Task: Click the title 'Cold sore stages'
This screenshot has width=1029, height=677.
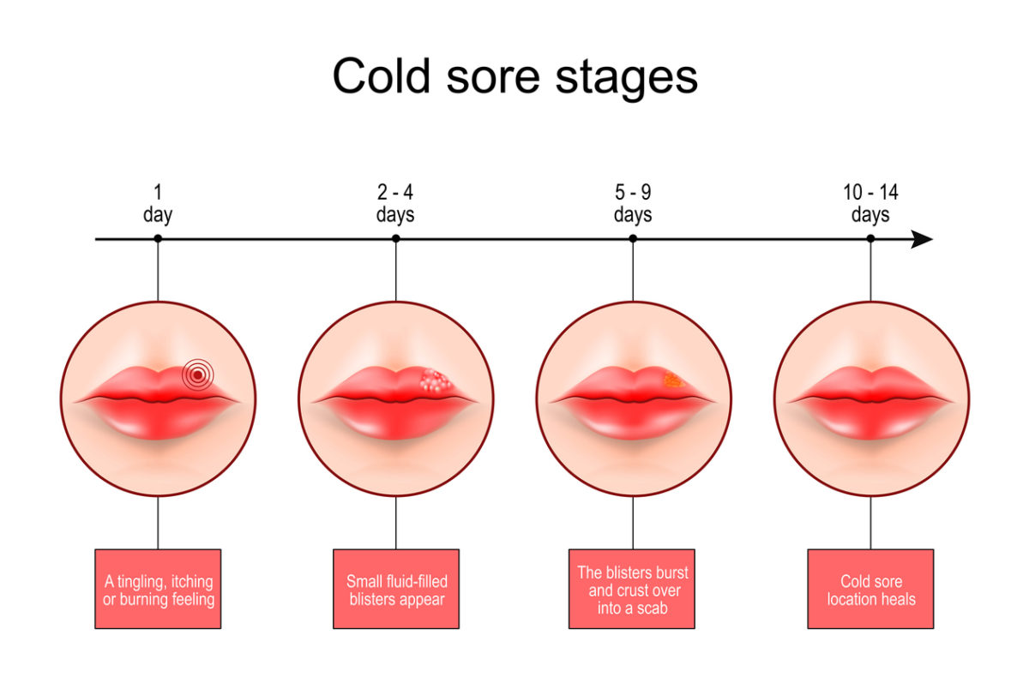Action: click(514, 77)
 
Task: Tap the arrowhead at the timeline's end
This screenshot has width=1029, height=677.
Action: click(922, 239)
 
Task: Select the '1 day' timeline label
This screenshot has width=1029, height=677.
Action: click(158, 204)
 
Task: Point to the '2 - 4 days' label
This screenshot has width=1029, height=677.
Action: click(395, 204)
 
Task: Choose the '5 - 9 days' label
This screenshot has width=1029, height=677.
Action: click(633, 204)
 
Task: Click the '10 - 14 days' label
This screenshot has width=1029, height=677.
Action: click(870, 204)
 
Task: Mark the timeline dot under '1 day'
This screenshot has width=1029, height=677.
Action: click(158, 239)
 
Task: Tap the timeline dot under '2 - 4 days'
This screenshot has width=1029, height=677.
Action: click(395, 239)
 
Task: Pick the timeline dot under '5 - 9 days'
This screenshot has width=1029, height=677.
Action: click(633, 239)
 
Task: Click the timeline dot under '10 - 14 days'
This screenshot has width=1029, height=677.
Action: click(870, 239)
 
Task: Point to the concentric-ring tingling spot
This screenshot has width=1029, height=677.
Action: click(197, 374)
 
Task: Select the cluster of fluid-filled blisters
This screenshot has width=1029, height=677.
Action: click(435, 380)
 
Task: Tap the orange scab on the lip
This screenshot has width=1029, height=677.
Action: click(673, 379)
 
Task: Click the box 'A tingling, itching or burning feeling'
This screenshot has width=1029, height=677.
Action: click(158, 589)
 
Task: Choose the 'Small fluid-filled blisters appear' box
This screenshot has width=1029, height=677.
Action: click(395, 589)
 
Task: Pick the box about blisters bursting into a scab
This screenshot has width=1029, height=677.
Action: click(633, 589)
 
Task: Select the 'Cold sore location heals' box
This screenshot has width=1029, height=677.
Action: click(870, 589)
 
